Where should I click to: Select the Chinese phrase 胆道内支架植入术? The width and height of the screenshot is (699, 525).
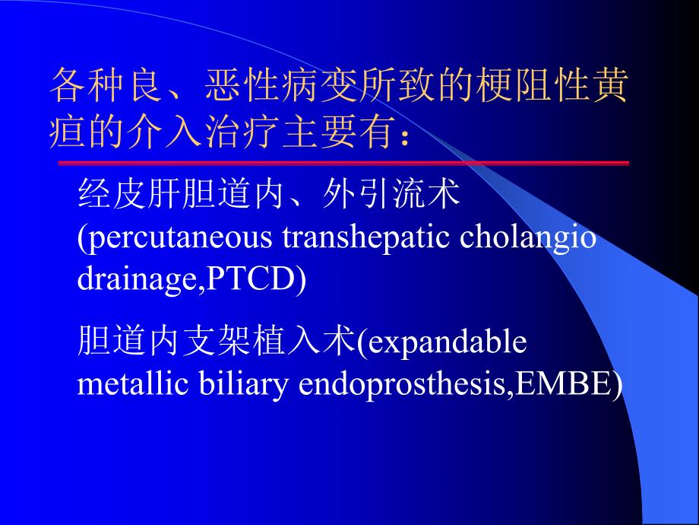[217, 342]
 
